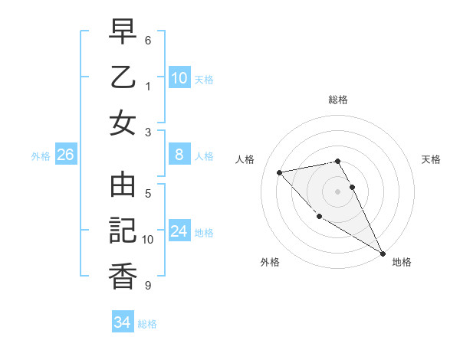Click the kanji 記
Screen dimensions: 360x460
tap(123, 231)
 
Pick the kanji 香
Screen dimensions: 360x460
tap(123, 276)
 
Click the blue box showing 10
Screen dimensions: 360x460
tap(179, 77)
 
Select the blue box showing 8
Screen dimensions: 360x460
tap(179, 155)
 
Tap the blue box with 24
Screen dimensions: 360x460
tap(179, 231)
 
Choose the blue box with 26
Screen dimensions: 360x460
tap(65, 155)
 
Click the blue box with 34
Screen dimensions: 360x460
tap(122, 322)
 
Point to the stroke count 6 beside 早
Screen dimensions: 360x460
tap(148, 40)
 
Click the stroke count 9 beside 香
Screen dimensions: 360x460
tap(148, 286)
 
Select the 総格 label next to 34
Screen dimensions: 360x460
tap(147, 324)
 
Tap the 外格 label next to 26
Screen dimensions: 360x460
tap(41, 156)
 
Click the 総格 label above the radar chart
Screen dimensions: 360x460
tap(338, 100)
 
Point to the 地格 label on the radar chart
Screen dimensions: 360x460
tap(402, 262)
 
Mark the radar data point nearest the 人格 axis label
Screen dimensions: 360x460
tap(280, 172)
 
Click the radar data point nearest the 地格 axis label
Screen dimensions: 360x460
tap(383, 254)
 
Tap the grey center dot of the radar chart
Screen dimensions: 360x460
tap(338, 191)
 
